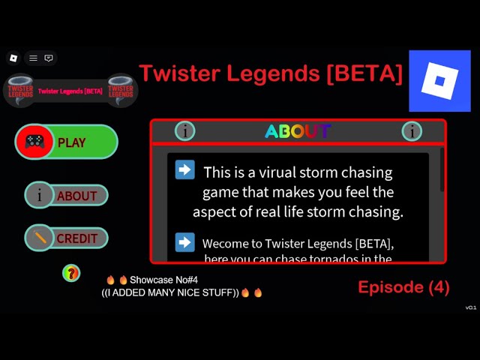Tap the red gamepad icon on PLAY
[x=34, y=142]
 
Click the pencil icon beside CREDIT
[x=39, y=238]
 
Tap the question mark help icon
[x=71, y=273]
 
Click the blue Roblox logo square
[x=439, y=81]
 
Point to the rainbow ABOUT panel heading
[x=298, y=131]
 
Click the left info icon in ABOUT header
[x=184, y=131]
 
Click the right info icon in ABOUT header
[x=412, y=131]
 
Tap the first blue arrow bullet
[x=184, y=169]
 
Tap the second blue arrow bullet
[x=184, y=242]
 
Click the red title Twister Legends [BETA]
[x=271, y=73]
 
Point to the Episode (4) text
[x=403, y=287]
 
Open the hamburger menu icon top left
[x=33, y=58]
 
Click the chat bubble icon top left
[x=49, y=58]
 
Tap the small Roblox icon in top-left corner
[x=13, y=58]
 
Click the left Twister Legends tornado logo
[x=19, y=90]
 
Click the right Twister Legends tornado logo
[x=120, y=90]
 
